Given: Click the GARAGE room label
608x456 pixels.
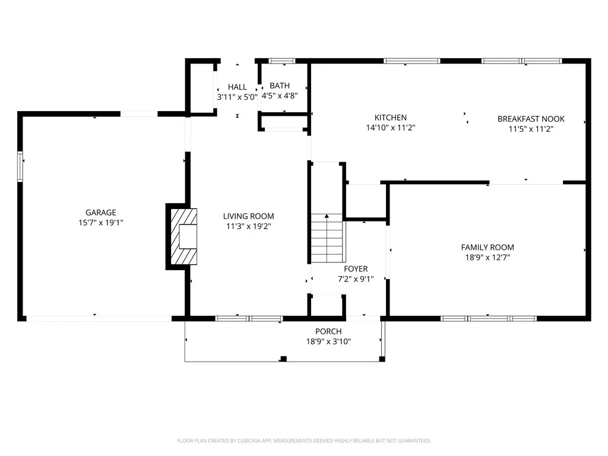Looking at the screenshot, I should coord(100,212).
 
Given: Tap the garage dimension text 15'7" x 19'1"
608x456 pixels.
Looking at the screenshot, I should coord(100,222).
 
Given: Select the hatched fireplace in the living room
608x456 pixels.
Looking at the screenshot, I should coord(183,236).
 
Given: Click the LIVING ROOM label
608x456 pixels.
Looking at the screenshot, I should coord(248,216).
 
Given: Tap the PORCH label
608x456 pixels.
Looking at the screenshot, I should coord(328,331).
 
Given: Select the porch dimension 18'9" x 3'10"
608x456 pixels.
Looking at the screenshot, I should coord(328,341).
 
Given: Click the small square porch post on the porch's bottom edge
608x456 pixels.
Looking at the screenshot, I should coord(283,359).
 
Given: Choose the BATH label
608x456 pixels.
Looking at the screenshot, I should coord(279,85).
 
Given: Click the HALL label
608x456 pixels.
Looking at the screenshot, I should coord(237,87).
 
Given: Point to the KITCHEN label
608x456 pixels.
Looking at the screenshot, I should coord(390,118).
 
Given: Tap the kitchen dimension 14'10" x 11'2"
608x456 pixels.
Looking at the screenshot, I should coord(390,128).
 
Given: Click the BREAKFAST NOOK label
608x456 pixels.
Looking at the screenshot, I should coord(531,119).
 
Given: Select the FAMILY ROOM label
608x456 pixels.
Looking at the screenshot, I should coord(487,247).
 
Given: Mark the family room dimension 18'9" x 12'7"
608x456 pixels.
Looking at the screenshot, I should coord(487,257).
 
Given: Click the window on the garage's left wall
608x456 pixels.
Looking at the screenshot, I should coord(20,166).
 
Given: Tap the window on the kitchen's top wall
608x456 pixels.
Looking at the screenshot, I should coord(411,61).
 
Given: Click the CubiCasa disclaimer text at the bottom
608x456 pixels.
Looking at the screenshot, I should coord(304,441).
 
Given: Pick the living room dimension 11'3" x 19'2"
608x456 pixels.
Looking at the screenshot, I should coord(248,226).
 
